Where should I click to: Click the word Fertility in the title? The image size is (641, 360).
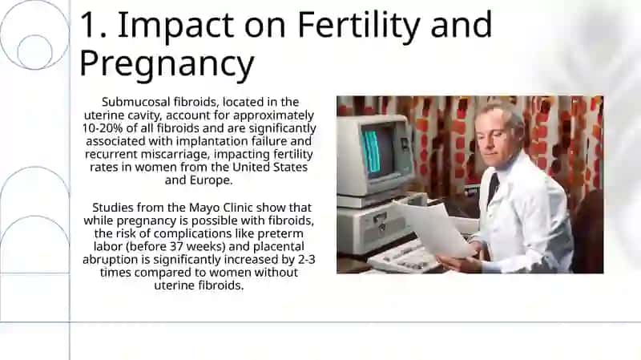(358, 26)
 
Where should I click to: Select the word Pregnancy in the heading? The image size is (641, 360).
(167, 63)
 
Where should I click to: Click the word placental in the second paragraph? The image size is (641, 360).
(278, 247)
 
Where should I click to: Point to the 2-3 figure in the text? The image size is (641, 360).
(306, 260)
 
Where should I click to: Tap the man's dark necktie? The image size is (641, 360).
(493, 187)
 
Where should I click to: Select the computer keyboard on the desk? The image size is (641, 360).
(405, 257)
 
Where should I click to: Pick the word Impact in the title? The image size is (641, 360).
(175, 26)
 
